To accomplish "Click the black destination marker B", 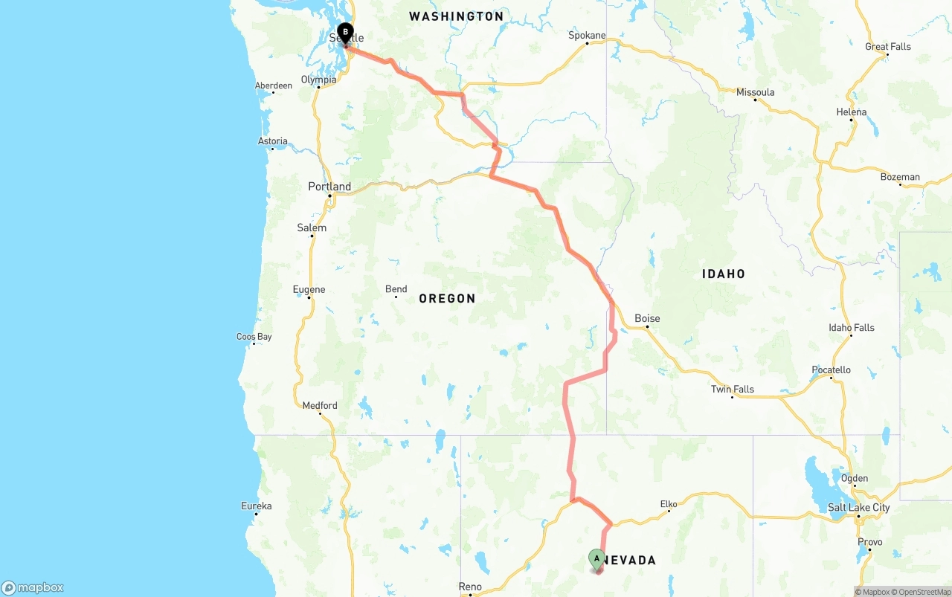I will [345, 32].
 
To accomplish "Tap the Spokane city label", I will [587, 35].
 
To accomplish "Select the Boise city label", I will [647, 318].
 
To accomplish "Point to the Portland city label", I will [329, 187].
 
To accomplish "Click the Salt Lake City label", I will [858, 508].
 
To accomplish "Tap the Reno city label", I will [470, 587].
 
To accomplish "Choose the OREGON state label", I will [447, 298].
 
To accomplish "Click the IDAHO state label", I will [723, 274].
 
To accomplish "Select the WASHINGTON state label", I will [456, 16].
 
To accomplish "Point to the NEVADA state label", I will [629, 560].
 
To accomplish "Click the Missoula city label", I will [755, 92].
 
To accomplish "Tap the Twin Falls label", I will [732, 389].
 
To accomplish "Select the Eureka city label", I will [256, 506].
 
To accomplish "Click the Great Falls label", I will [887, 46].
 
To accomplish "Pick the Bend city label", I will [396, 289].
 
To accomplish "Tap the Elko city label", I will [669, 504].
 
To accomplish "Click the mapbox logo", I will [33, 587].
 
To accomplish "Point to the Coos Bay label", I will [254, 337].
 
